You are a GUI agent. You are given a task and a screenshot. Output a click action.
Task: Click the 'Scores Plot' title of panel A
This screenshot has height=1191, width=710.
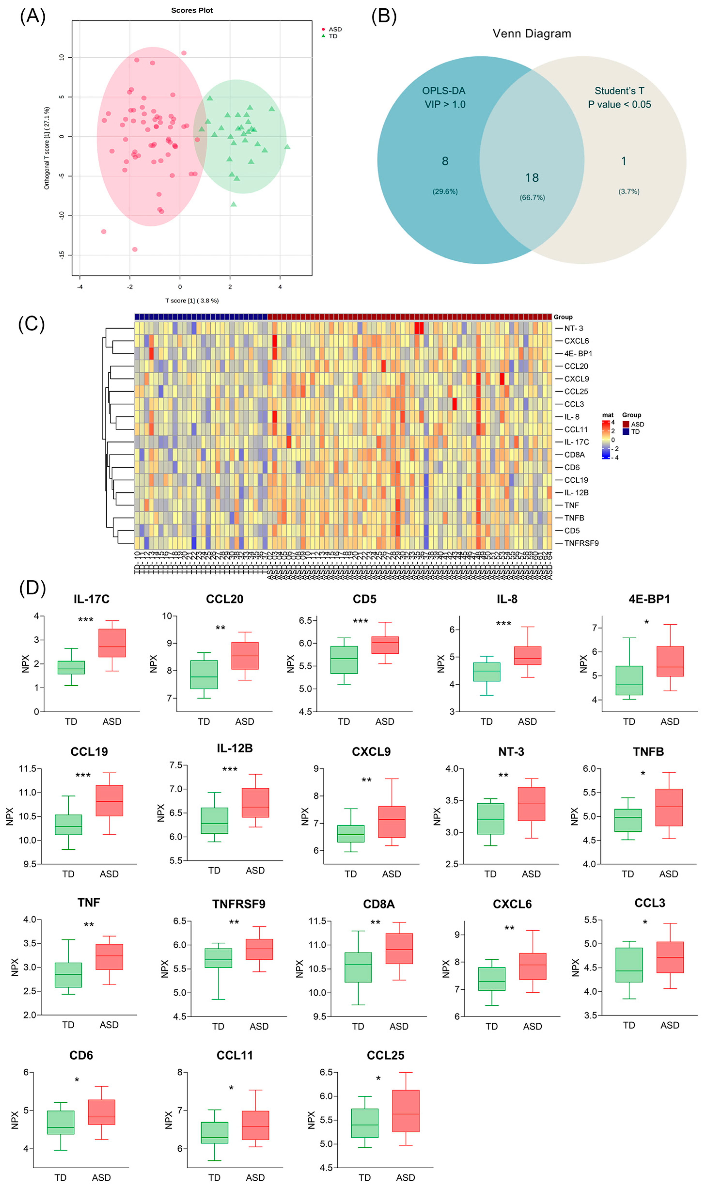192,10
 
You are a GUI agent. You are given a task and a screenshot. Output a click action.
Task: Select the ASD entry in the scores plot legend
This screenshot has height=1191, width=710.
335,29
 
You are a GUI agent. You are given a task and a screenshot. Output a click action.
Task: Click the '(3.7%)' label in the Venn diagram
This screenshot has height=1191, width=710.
629,191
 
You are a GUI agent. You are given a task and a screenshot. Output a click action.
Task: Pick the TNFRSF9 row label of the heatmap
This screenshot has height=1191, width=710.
581,543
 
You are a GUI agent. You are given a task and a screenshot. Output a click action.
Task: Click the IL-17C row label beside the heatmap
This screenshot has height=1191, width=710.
577,442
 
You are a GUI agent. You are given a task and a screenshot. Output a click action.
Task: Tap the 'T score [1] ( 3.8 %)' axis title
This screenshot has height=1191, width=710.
192,300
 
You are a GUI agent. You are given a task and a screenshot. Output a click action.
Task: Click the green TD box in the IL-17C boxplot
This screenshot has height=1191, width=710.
71,667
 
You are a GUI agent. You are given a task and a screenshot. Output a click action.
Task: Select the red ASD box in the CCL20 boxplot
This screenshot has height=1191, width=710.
245,656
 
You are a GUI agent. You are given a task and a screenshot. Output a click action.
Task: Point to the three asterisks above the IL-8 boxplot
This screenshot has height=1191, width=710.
503,624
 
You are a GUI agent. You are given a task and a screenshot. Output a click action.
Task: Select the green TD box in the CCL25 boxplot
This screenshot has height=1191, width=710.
365,1123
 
